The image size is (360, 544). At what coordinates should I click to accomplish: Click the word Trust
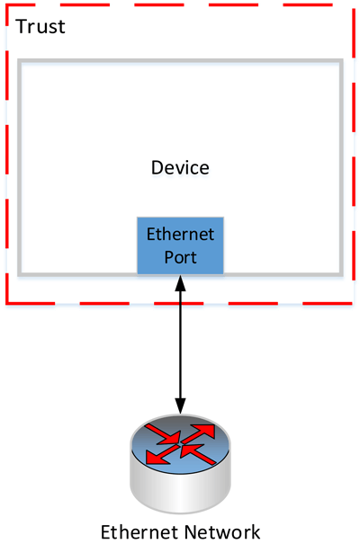pyautogui.click(x=40, y=26)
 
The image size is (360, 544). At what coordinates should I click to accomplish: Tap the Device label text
pyautogui.click(x=180, y=168)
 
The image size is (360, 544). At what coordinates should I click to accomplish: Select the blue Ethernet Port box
pyautogui.click(x=180, y=245)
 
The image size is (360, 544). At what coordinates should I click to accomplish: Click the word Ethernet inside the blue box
pyautogui.click(x=181, y=236)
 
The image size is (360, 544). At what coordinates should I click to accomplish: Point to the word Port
pyautogui.click(x=180, y=256)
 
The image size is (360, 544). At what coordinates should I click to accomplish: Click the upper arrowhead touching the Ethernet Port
pyautogui.click(x=181, y=282)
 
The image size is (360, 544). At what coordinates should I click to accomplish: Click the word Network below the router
pyautogui.click(x=221, y=531)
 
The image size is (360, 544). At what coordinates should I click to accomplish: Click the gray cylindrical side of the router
pyautogui.click(x=180, y=486)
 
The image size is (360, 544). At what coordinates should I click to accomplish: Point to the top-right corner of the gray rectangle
pyautogui.click(x=341, y=62)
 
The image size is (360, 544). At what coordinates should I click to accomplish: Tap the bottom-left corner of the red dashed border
pyautogui.click(x=8, y=304)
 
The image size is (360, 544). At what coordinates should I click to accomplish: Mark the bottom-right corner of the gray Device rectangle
pyautogui.click(x=341, y=273)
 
